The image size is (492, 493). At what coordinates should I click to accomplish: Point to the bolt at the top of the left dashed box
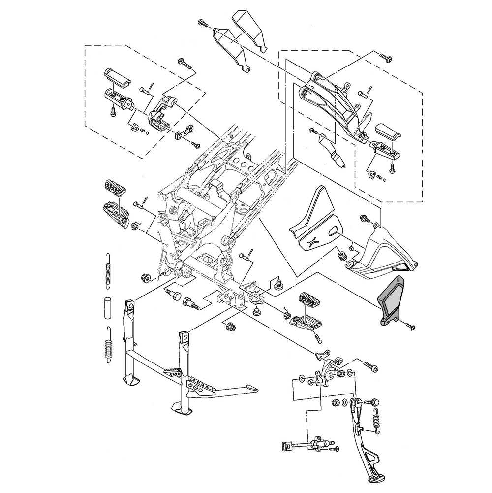pyautogui.click(x=183, y=63)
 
